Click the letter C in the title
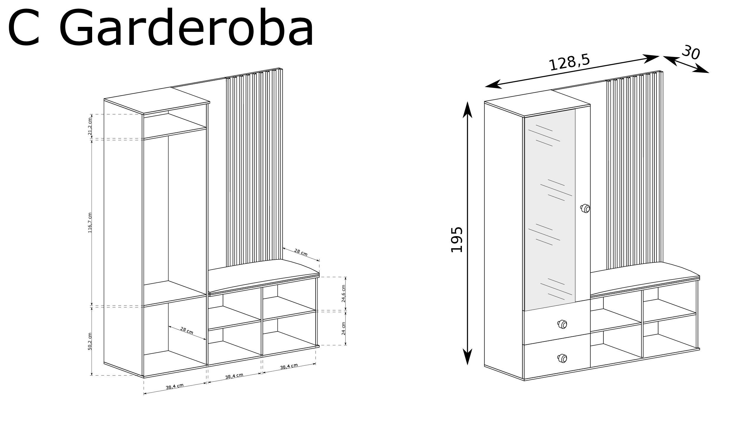pyautogui.click(x=24, y=28)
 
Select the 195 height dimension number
pyautogui.click(x=457, y=239)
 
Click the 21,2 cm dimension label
pyautogui.click(x=90, y=126)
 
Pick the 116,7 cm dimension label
pyautogui.click(x=90, y=223)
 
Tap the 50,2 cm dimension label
pyautogui.click(x=90, y=341)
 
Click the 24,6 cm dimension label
pyautogui.click(x=343, y=294)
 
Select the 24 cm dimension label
pyautogui.click(x=343, y=328)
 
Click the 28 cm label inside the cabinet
pyautogui.click(x=187, y=331)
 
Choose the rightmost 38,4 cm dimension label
pyautogui.click(x=289, y=366)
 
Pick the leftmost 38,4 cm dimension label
pyautogui.click(x=175, y=386)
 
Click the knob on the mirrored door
pyautogui.click(x=585, y=209)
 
